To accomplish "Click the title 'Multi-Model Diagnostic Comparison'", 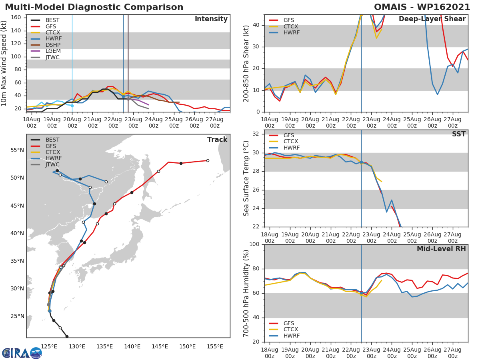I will pyautogui.click(x=94, y=7).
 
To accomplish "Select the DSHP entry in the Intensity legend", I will pyautogui.click(x=53, y=45).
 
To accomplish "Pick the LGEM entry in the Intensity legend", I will pyautogui.click(x=53, y=51).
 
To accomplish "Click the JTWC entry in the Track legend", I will pyautogui.click(x=53, y=165).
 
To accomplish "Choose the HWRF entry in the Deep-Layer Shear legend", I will pyautogui.click(x=291, y=33).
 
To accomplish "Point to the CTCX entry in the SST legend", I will pyautogui.click(x=291, y=142).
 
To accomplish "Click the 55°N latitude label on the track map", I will pyautogui.click(x=17, y=150).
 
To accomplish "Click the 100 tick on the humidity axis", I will pyautogui.click(x=254, y=244).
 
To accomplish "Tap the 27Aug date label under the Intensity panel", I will pyautogui.click(x=215, y=122).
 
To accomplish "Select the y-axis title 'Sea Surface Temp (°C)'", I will pyautogui.click(x=246, y=178).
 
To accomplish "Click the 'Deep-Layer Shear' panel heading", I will pyautogui.click(x=432, y=19).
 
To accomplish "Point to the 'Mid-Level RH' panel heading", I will pyautogui.click(x=441, y=249).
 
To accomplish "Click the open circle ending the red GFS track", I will pyautogui.click(x=208, y=160).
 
